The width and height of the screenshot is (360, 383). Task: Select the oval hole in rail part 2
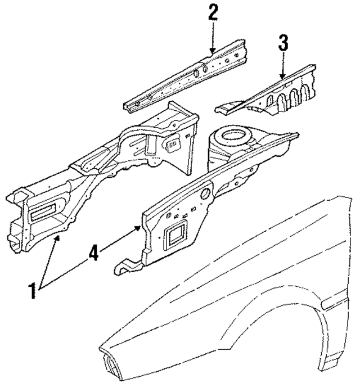coord(205,69)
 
